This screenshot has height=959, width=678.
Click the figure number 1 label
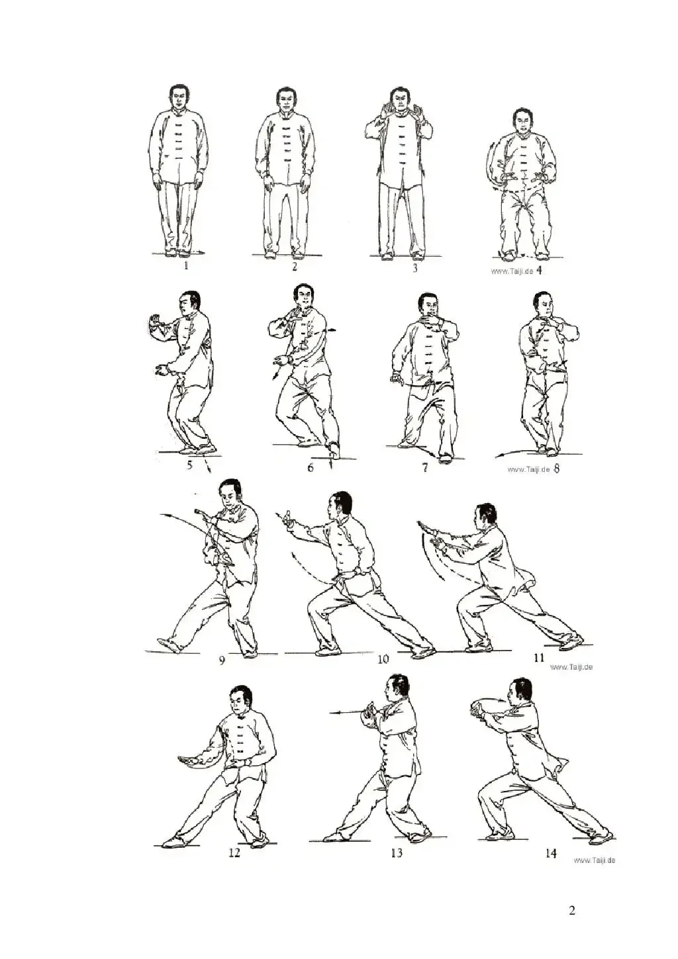pyautogui.click(x=186, y=266)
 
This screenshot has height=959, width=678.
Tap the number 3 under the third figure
pyautogui.click(x=414, y=268)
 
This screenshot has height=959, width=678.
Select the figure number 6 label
pyautogui.click(x=311, y=467)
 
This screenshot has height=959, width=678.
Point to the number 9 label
pyautogui.click(x=222, y=660)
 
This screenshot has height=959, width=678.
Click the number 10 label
pyautogui.click(x=383, y=660)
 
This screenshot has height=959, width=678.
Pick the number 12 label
pyautogui.click(x=234, y=841)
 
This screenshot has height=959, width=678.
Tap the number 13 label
pyautogui.click(x=397, y=841)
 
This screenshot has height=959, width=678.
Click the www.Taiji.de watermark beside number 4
pyautogui.click(x=512, y=271)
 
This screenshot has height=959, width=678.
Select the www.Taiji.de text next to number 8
pyautogui.click(x=528, y=469)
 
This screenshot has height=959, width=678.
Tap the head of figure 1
pyautogui.click(x=179, y=97)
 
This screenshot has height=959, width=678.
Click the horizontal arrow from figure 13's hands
pyautogui.click(x=347, y=713)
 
